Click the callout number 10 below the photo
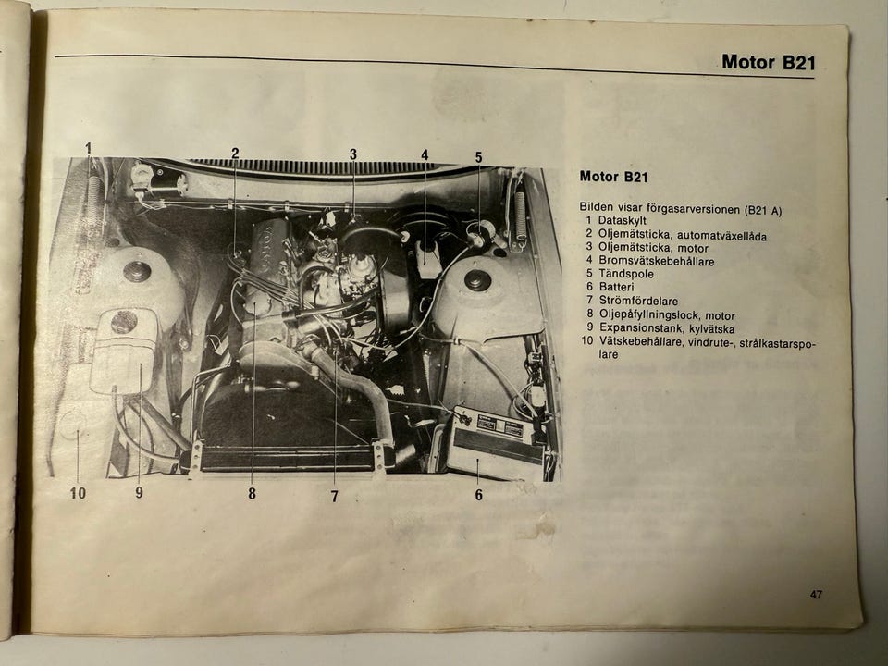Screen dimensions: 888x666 (78, 493)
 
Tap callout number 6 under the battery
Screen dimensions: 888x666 (478, 495)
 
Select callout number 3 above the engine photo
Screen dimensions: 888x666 (352, 154)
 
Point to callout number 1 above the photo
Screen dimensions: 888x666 (89, 149)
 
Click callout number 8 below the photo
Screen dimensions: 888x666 (252, 494)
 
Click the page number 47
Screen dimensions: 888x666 (816, 595)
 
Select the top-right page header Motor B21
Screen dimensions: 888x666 (768, 62)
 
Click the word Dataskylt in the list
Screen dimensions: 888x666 (622, 220)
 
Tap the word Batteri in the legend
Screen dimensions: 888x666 (616, 287)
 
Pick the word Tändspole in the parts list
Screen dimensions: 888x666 (626, 274)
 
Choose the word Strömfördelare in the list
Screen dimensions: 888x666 (638, 301)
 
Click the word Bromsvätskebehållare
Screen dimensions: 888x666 (657, 261)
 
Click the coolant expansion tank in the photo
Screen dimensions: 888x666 (123, 351)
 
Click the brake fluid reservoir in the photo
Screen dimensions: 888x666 (426, 260)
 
